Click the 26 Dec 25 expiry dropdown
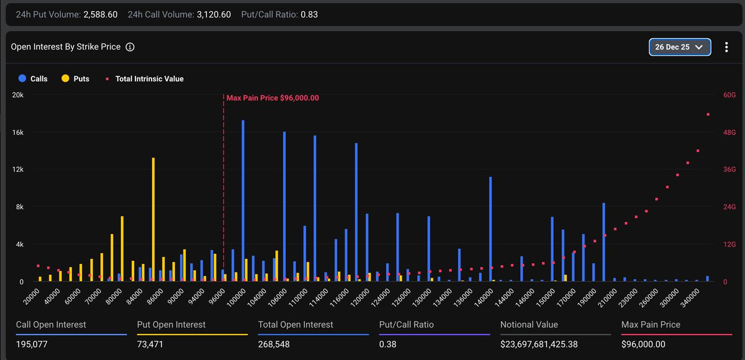tap(679, 47)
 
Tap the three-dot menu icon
tap(726, 47)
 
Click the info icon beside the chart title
tap(130, 47)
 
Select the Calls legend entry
tap(33, 79)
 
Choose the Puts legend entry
tap(76, 79)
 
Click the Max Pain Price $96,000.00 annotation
tap(273, 97)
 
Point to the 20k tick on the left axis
tap(18, 95)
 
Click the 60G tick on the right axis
tap(729, 95)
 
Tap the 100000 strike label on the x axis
tap(236, 297)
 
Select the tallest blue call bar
tap(243, 200)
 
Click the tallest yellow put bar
tap(153, 219)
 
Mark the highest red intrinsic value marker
tap(708, 114)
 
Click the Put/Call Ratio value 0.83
tap(309, 15)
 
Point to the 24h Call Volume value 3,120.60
tap(214, 15)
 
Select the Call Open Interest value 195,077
tap(32, 344)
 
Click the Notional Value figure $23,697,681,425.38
tap(539, 344)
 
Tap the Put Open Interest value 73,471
tap(150, 344)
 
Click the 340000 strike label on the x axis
tap(690, 297)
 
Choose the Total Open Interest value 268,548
tap(274, 344)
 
